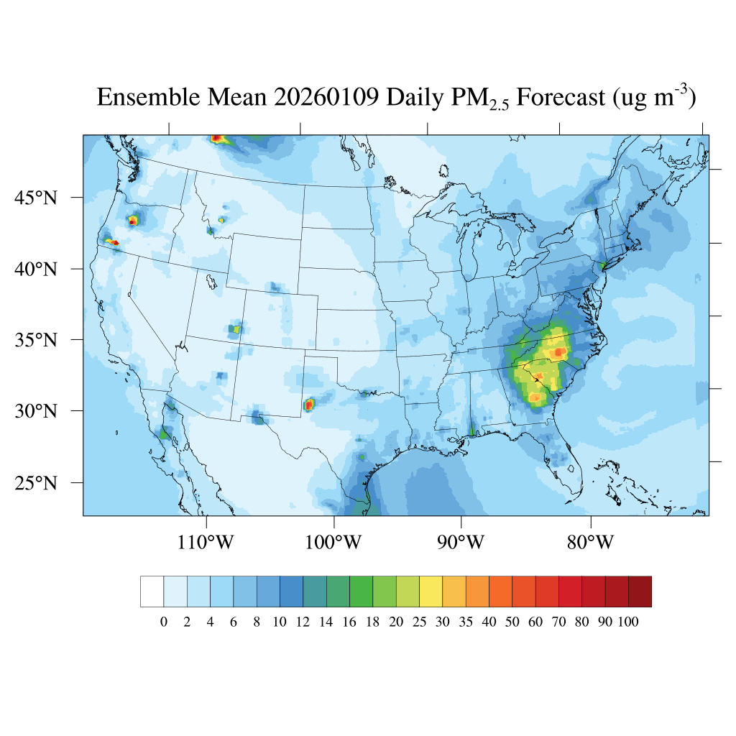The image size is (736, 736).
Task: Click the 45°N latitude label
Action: [x=36, y=197]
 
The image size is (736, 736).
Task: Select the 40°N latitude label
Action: [x=36, y=269]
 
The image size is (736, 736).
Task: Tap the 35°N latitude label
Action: [x=36, y=339]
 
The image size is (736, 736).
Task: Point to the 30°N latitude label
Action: [x=36, y=411]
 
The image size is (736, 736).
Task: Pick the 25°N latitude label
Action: [x=36, y=482]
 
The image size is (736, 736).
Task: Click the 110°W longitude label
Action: [x=206, y=543]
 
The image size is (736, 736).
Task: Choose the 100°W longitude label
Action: [x=334, y=543]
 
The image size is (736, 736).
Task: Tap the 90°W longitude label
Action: [x=461, y=543]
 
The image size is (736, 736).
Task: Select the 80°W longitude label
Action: [x=590, y=543]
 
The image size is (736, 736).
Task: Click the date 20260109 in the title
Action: [x=326, y=97]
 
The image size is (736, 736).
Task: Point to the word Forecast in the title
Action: [x=561, y=97]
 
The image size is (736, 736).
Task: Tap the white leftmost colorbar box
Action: [x=152, y=591]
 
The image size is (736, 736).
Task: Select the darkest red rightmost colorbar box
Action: [x=640, y=591]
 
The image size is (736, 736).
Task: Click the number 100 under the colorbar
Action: [x=628, y=622]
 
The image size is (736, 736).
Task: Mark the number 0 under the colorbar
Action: [x=163, y=622]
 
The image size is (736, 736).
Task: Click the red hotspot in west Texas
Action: [x=309, y=405]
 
